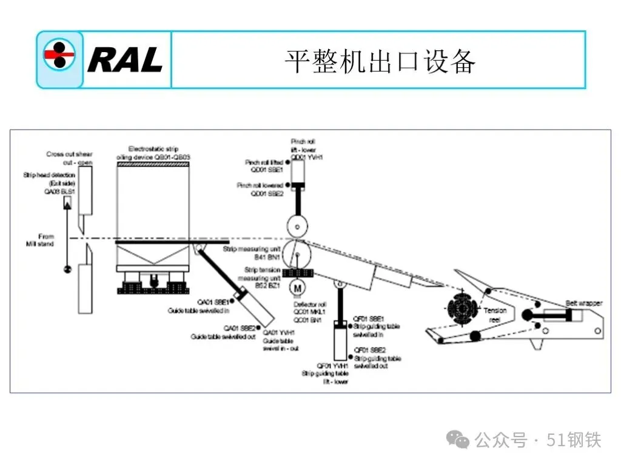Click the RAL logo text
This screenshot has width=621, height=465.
(x=125, y=60)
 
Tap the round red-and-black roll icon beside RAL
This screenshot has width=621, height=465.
(x=59, y=56)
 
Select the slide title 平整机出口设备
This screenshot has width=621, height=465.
(x=380, y=61)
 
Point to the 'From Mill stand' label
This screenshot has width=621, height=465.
(x=46, y=240)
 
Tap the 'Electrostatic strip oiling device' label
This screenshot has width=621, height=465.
(x=153, y=153)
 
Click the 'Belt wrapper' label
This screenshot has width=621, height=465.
(x=584, y=303)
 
